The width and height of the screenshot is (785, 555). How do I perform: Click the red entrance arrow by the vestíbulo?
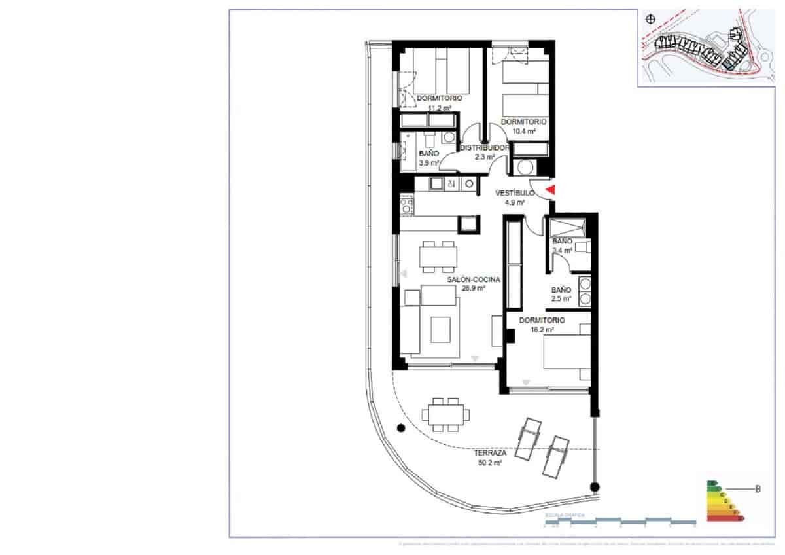point(551,190)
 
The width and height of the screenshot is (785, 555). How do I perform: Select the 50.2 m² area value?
point(490,463)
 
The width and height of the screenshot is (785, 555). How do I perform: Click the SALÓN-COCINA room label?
point(474,279)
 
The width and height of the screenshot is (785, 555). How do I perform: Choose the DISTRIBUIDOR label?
point(484,148)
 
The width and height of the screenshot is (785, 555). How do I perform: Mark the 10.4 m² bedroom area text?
point(523,131)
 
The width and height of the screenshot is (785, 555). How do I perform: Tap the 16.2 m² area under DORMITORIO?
point(542,331)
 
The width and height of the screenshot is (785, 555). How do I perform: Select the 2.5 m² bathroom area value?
point(561,299)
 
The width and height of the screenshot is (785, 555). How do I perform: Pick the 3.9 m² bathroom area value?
point(429,163)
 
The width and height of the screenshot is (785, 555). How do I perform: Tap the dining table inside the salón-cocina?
point(438,256)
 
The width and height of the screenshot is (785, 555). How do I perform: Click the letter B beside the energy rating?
point(758,488)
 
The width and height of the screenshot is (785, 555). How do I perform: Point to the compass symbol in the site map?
point(650,20)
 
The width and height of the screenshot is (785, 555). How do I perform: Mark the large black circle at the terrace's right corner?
point(594,487)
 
